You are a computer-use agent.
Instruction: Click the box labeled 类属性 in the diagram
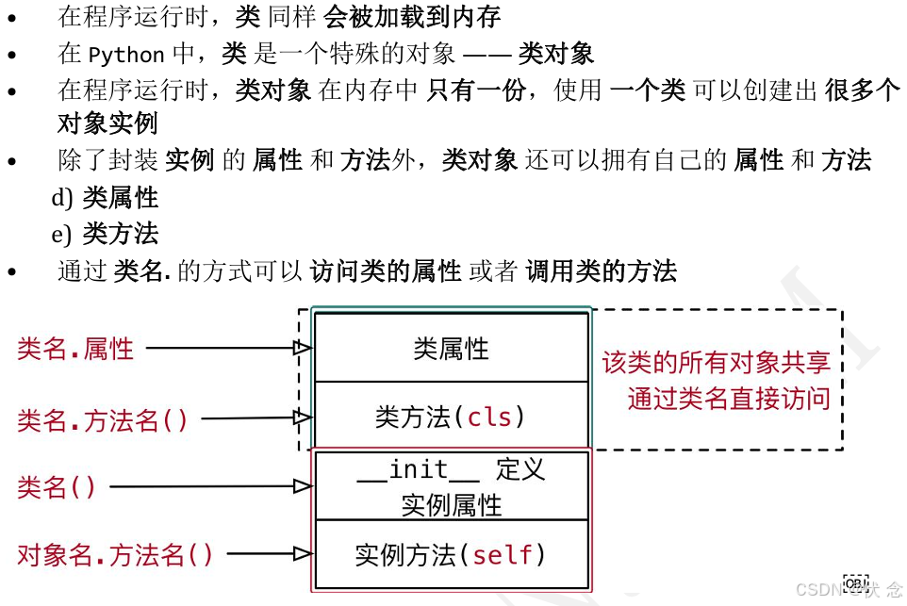[451, 348]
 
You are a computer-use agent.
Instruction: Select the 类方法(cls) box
[451, 417]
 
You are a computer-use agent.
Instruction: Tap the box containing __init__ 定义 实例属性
[451, 486]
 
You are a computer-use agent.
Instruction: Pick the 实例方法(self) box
[451, 555]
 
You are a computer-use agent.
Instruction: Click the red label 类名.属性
[75, 349]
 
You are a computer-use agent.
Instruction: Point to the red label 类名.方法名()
[103, 419]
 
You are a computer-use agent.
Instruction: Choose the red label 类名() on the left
[57, 487]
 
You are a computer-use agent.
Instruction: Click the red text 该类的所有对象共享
[717, 364]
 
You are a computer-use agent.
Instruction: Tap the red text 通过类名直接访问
[729, 399]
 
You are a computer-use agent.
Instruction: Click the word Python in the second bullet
[126, 54]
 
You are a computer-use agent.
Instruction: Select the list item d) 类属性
[105, 198]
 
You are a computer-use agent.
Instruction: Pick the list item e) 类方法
[105, 234]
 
